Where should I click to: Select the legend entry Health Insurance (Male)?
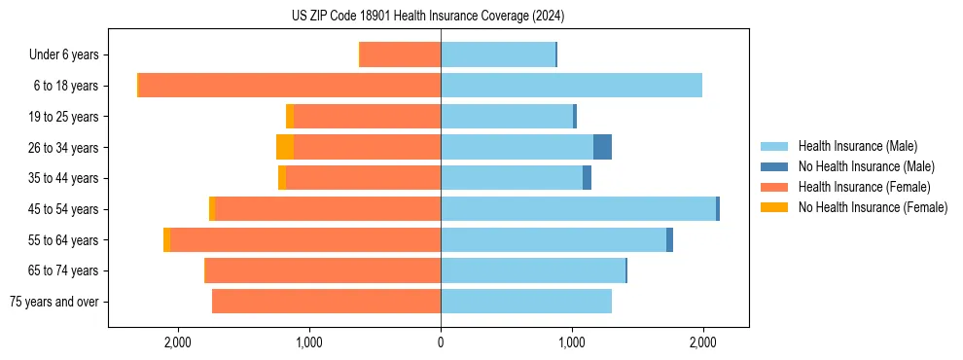[x=857, y=146]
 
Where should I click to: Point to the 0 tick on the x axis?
[x=441, y=342]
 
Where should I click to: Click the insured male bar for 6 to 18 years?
[x=571, y=86]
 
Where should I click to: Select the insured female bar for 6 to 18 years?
[x=290, y=86]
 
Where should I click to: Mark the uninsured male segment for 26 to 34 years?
[x=602, y=147]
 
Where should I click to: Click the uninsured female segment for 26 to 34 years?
[x=285, y=147]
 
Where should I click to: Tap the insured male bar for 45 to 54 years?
[x=578, y=208]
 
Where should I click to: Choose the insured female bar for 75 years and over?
[x=326, y=302]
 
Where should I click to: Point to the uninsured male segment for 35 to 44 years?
[x=587, y=178]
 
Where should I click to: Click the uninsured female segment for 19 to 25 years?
[x=290, y=117]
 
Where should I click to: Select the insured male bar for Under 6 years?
[x=498, y=54]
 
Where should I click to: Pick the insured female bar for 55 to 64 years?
[x=305, y=239]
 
